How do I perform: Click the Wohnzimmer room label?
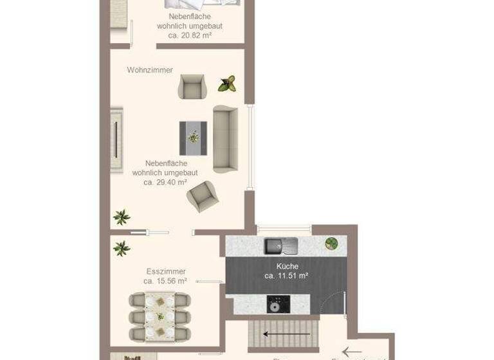point(150,70)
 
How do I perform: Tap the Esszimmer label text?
point(166,271)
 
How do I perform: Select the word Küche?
point(287,266)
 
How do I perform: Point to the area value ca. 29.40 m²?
point(165,182)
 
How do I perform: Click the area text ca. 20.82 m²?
point(190,35)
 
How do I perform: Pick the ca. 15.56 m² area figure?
point(165,281)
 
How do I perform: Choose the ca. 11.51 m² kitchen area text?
point(286,276)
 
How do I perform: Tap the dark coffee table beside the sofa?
point(193,138)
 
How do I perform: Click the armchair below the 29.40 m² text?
point(202,197)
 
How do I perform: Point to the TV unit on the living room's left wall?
point(116,139)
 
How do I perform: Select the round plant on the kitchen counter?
point(332,244)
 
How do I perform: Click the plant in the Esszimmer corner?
point(121,248)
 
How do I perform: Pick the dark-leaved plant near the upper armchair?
point(227,83)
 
